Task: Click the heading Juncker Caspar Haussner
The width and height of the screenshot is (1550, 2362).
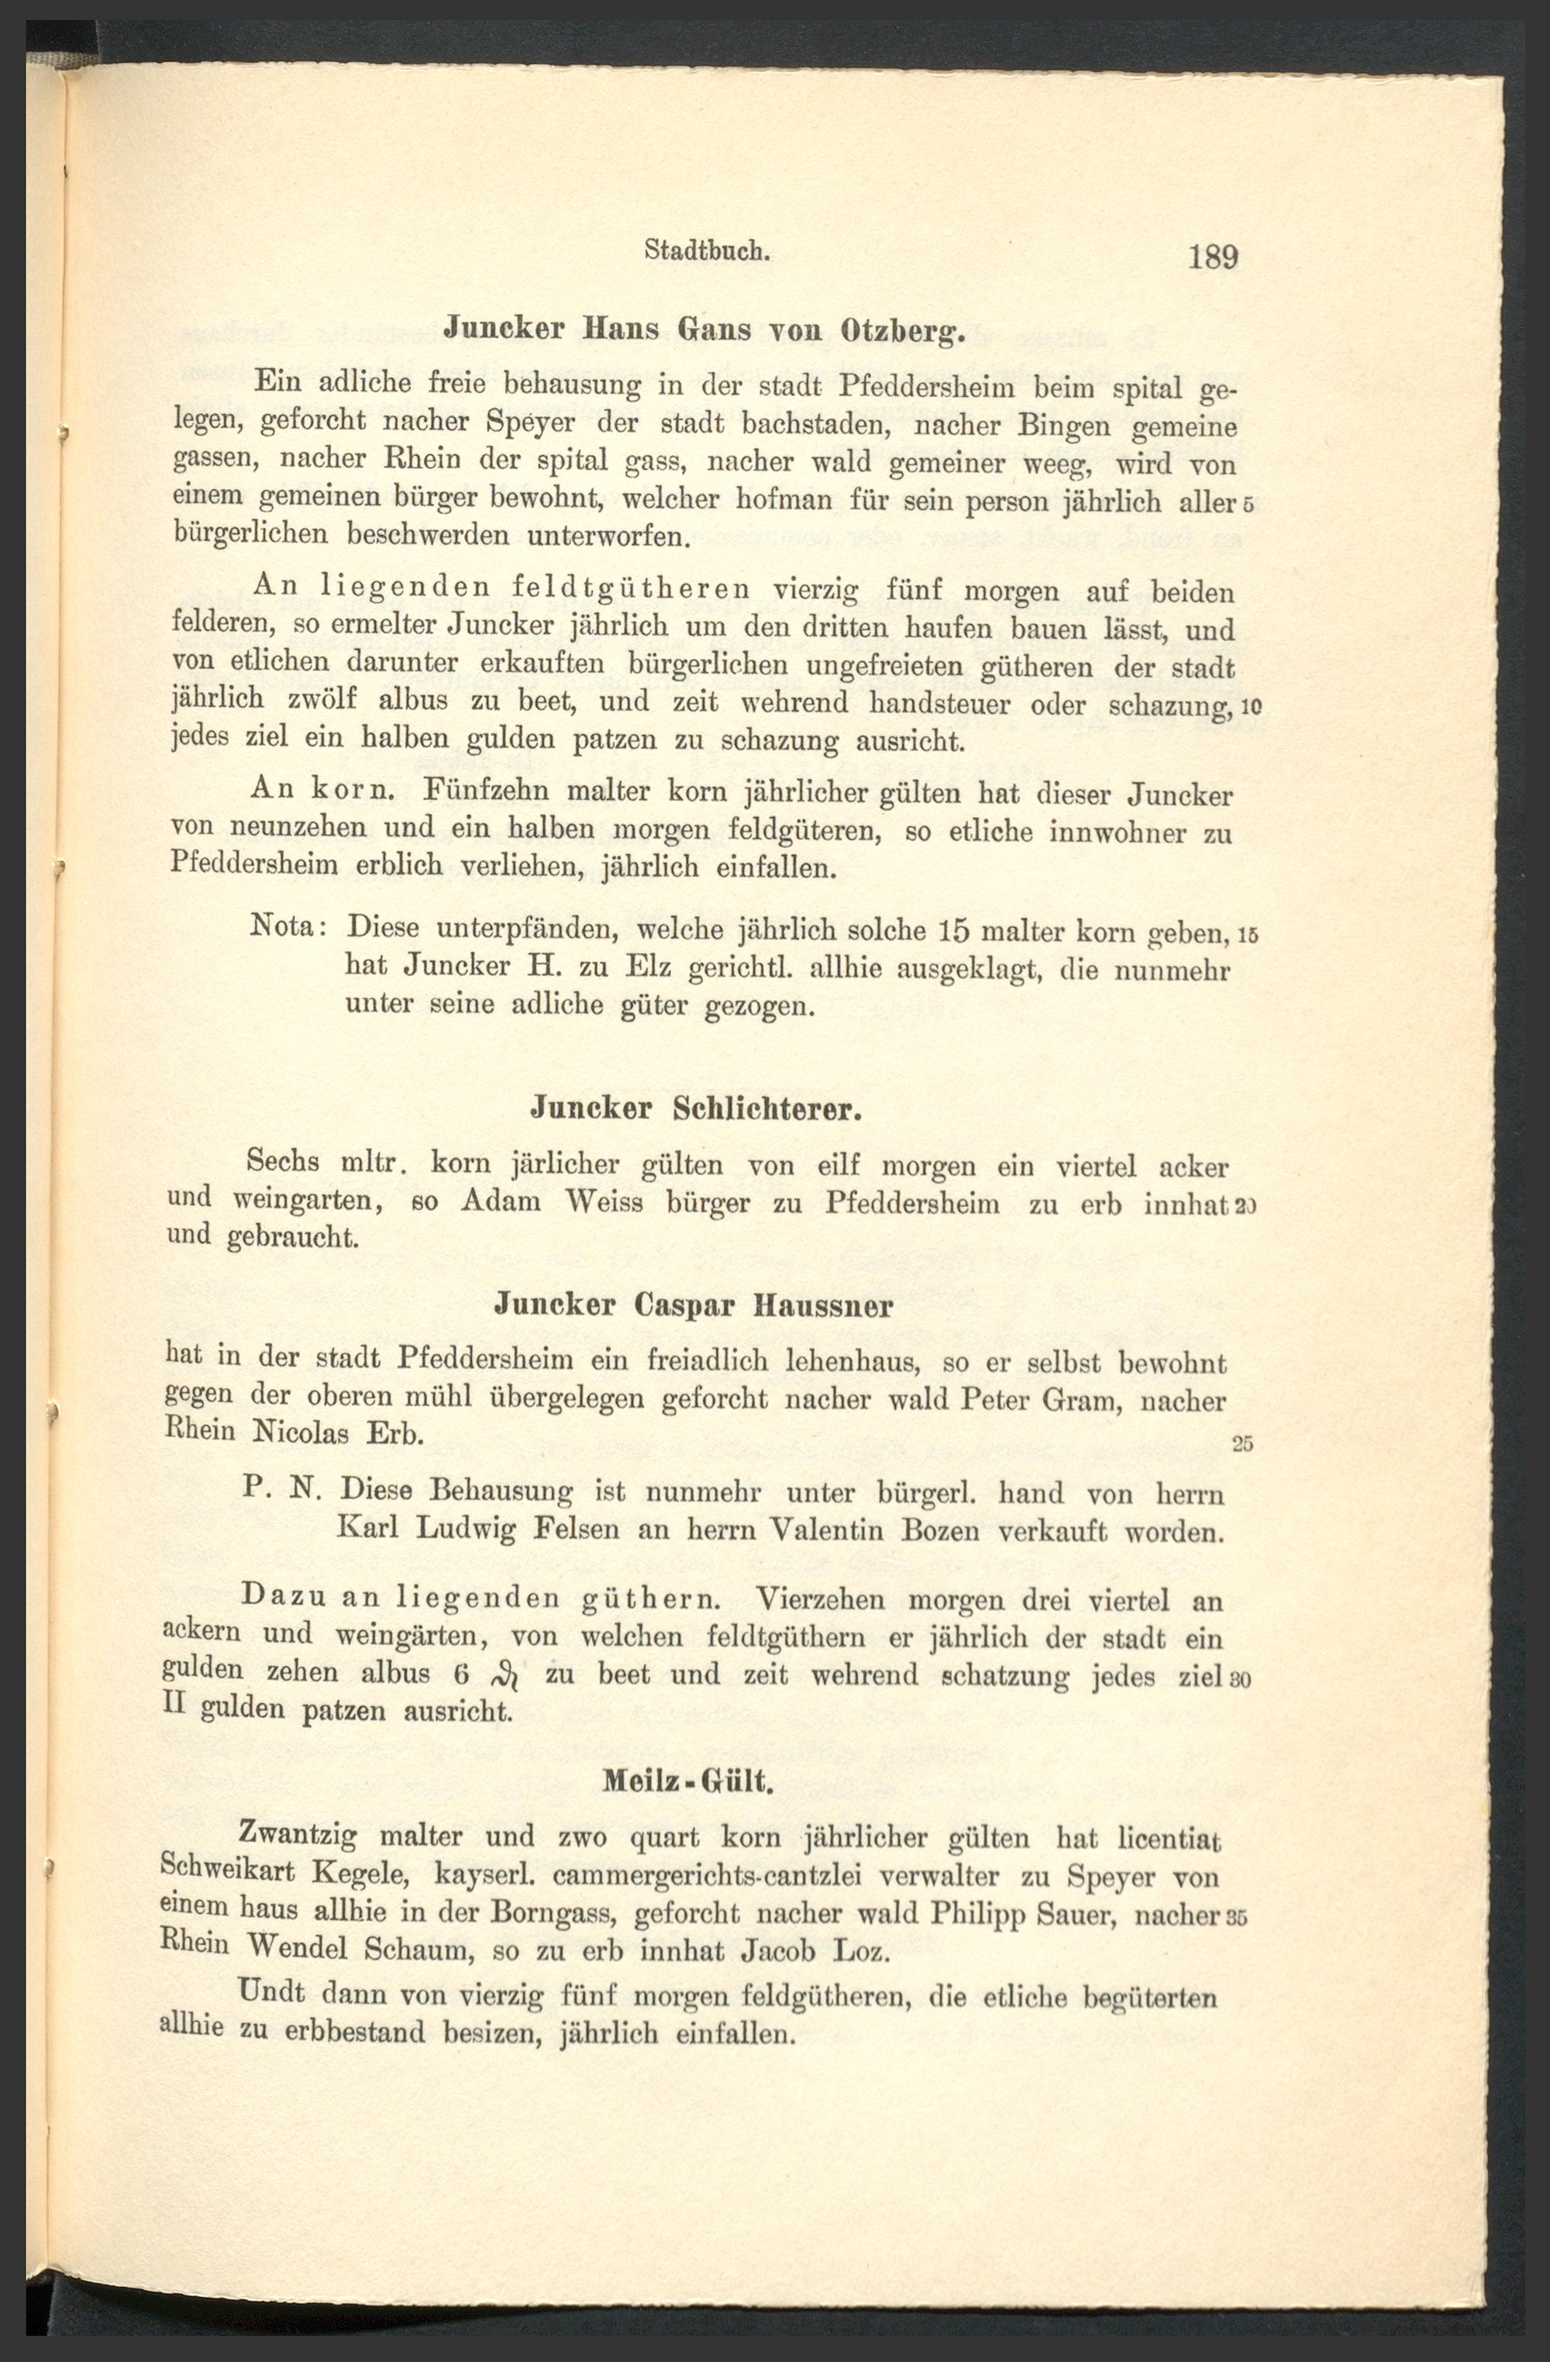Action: click(x=694, y=1306)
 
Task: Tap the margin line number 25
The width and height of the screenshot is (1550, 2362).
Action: click(x=1242, y=1445)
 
